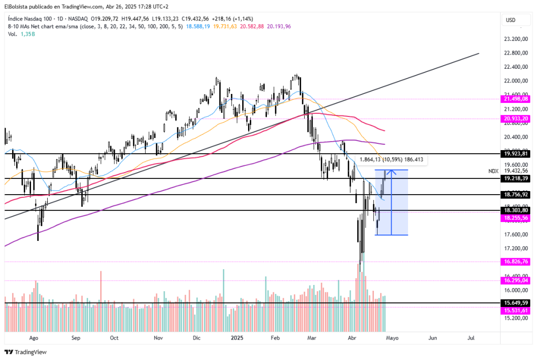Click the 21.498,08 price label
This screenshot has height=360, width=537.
coord(514,98)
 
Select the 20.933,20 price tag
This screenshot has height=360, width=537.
coord(514,119)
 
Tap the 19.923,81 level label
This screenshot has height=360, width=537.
coord(514,154)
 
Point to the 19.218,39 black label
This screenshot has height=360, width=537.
coord(514,178)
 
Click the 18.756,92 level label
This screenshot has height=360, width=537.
coord(514,194)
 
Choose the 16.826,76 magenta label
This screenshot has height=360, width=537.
coord(514,261)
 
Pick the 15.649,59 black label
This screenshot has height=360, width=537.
coord(514,303)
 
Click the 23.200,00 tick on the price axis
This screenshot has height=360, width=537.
coord(514,39)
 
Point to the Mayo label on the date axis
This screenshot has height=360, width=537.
coord(393,338)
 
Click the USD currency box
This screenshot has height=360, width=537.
coord(510,20)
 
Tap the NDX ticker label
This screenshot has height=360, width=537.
coord(493,171)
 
